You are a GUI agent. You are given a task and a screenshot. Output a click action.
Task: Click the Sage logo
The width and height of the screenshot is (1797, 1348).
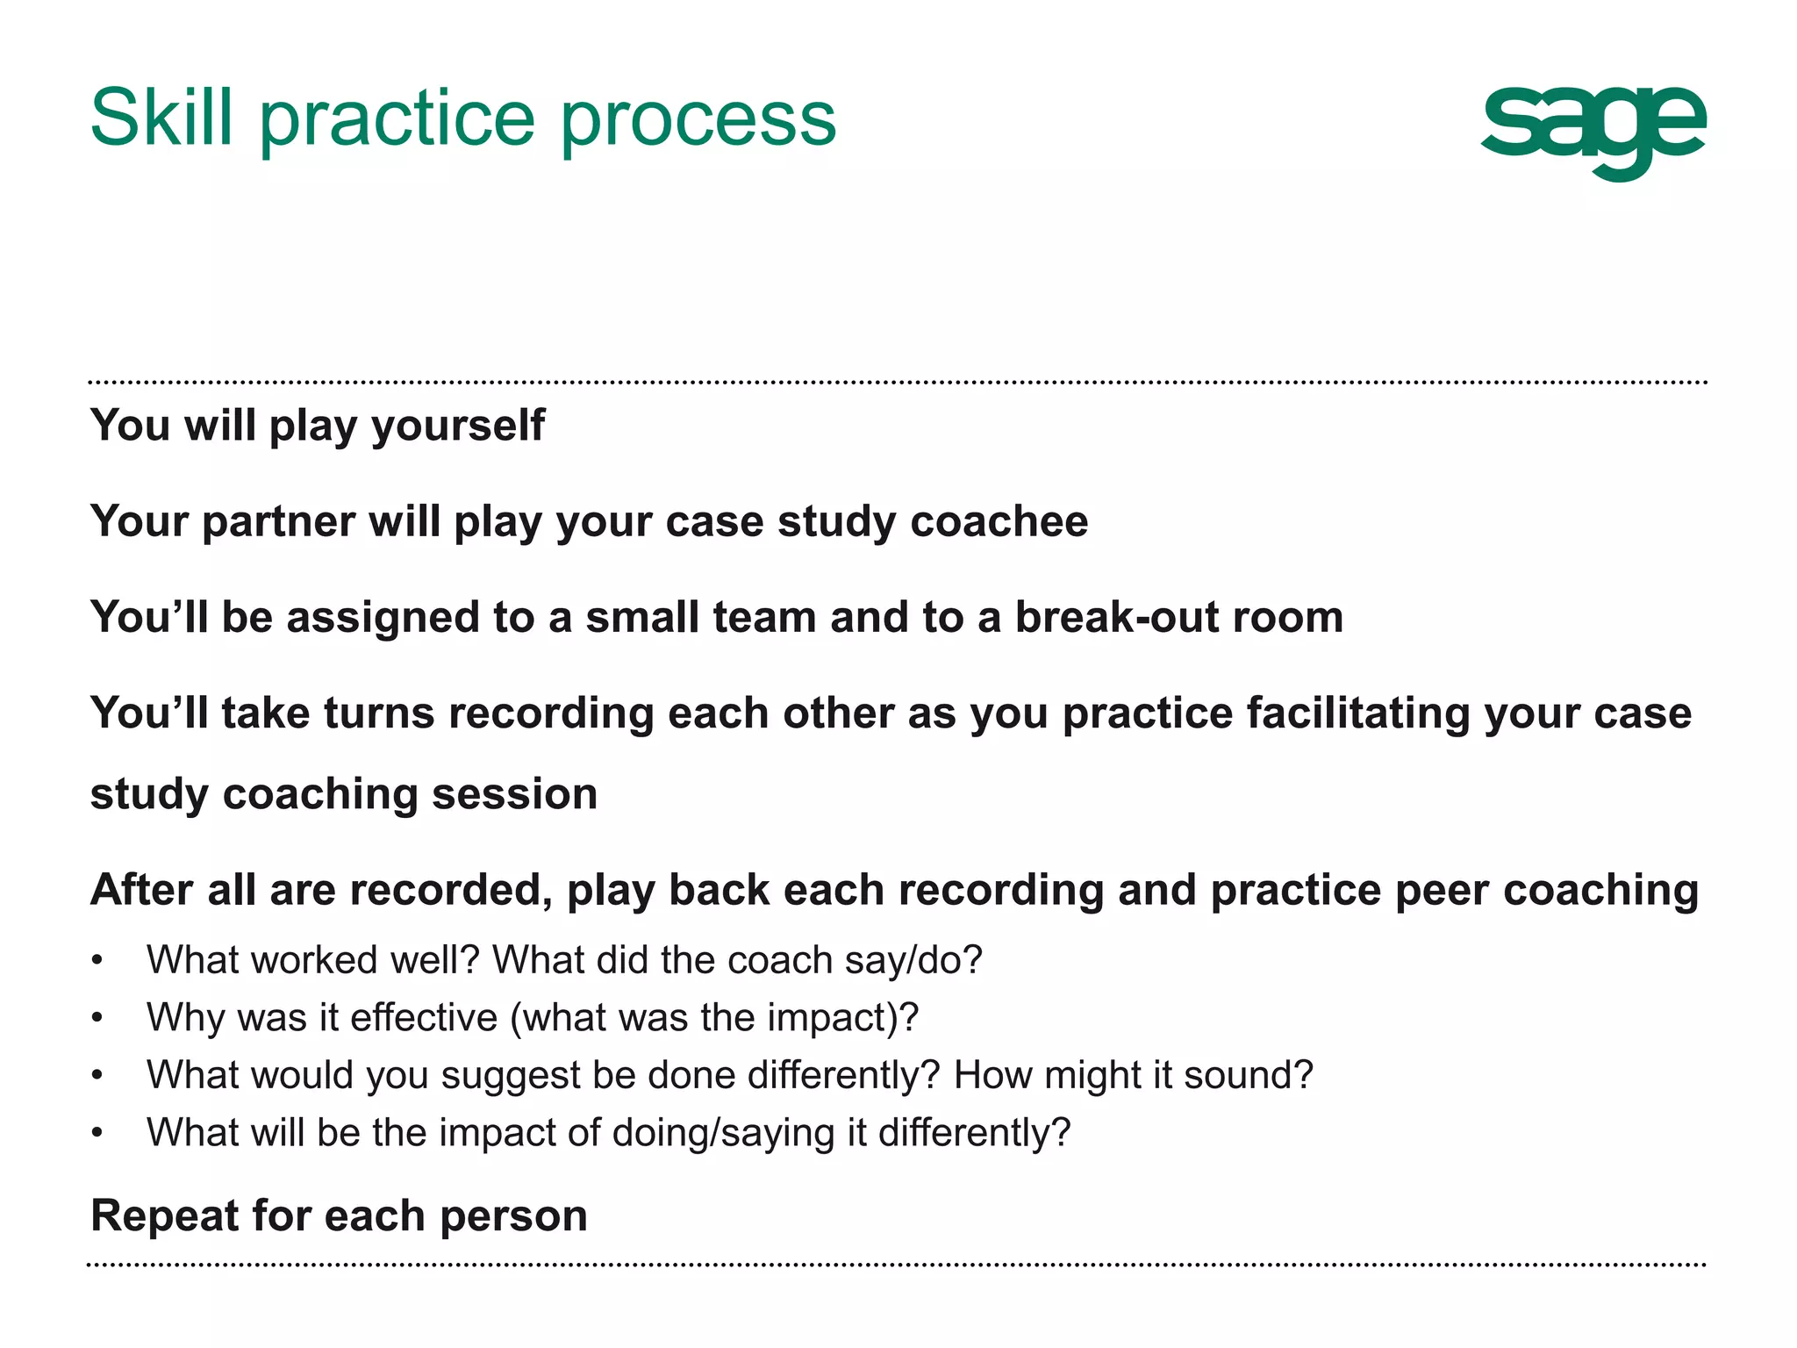click(x=1593, y=132)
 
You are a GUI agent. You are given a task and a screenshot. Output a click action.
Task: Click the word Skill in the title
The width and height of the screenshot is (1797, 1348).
click(x=162, y=118)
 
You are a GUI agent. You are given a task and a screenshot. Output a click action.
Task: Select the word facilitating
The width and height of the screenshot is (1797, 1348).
click(x=1357, y=713)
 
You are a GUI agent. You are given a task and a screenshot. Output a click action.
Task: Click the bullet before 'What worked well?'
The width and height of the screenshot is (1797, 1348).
click(x=97, y=960)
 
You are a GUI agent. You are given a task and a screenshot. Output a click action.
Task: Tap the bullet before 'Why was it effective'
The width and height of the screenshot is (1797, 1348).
click(x=97, y=1018)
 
